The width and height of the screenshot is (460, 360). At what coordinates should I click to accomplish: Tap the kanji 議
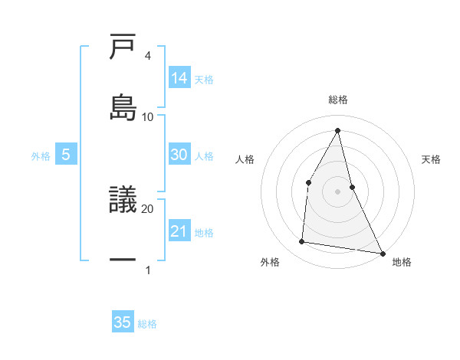click(x=123, y=200)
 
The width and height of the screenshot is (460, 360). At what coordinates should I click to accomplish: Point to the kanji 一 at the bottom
click(x=123, y=261)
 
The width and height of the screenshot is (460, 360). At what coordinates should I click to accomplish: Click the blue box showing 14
click(x=179, y=78)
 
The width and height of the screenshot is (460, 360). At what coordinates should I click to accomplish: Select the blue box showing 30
click(x=179, y=155)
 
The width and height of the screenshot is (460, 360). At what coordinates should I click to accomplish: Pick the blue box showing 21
click(x=179, y=231)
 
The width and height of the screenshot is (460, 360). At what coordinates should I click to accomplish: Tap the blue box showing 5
click(x=66, y=155)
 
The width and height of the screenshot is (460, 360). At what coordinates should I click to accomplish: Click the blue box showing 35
click(x=123, y=322)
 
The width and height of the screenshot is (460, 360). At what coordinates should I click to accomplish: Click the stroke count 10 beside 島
click(x=148, y=116)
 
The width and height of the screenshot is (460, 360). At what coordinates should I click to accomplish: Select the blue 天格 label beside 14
click(x=204, y=79)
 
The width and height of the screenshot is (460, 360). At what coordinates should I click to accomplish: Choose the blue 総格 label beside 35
click(x=147, y=324)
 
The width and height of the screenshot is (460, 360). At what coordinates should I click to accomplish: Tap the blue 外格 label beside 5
click(x=41, y=156)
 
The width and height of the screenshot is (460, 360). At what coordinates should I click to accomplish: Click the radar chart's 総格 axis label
click(x=338, y=100)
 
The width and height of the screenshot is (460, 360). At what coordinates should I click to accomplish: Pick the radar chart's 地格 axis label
click(x=402, y=262)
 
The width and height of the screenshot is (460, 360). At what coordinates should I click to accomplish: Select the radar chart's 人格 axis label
click(x=245, y=159)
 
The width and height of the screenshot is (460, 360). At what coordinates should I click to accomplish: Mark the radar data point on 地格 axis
click(x=382, y=253)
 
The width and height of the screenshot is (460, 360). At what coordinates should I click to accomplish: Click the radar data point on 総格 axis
click(x=338, y=129)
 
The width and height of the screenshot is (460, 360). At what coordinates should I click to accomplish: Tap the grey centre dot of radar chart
click(x=338, y=191)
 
